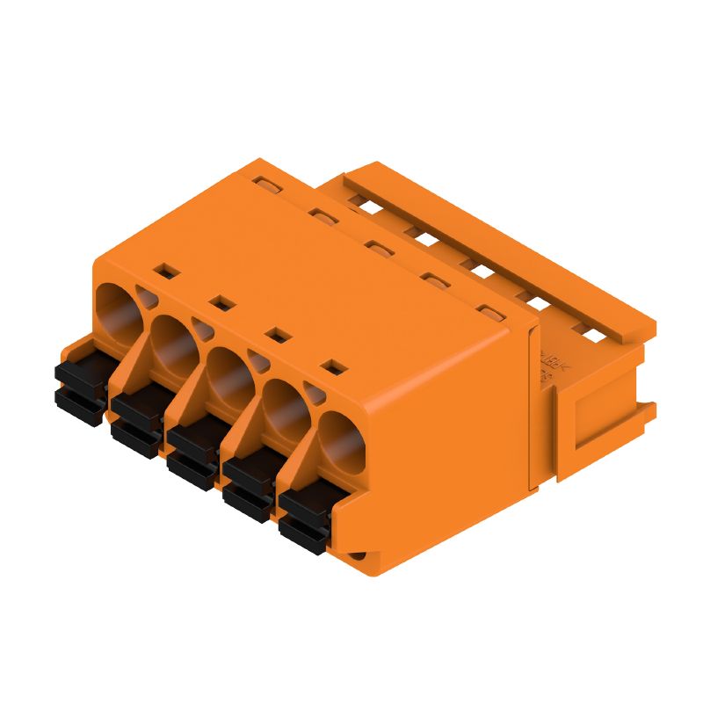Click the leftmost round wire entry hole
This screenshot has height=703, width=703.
click(117, 309)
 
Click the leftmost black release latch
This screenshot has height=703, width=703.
click(78, 386)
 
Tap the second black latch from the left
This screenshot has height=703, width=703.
click(134, 417)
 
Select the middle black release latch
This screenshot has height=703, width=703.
click(191, 448)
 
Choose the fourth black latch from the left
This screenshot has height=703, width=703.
click(247, 480)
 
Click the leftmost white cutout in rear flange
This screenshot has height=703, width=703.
click(359, 200)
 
